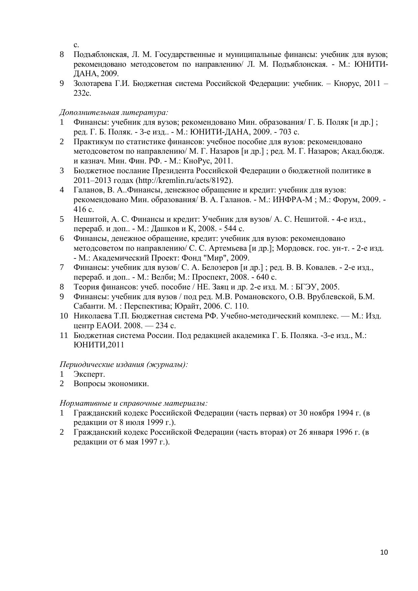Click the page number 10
pos(384,552)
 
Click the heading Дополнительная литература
pos(114,112)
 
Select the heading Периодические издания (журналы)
pos(124,364)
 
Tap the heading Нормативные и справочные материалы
pos(133,403)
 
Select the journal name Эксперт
pos(89,374)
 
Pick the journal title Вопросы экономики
pos(111,384)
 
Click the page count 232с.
pos(83,93)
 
